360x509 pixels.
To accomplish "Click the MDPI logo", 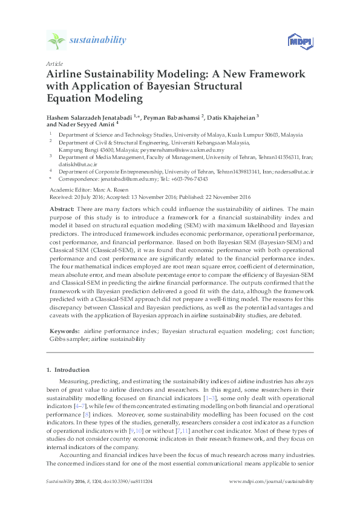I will [x=298, y=41].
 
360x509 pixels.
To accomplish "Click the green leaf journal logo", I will [x=56, y=41].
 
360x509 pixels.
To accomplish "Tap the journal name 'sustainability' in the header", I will [x=97, y=40].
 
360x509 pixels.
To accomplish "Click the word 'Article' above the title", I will [x=54, y=63].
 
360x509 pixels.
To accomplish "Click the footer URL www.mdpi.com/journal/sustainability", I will [x=273, y=481].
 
